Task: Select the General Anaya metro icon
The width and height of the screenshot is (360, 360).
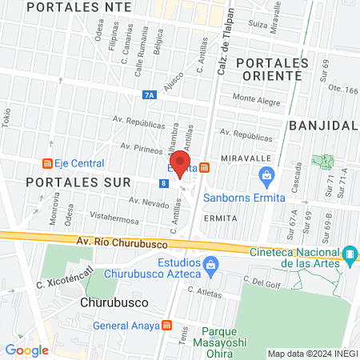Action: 166,325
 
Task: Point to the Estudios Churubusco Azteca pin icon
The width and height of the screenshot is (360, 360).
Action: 210,263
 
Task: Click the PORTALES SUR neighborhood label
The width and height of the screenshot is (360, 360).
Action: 66,182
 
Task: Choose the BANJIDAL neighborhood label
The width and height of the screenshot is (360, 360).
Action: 322,126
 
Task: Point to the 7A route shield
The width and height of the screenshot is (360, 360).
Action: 150,94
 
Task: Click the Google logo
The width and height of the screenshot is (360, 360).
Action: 26,350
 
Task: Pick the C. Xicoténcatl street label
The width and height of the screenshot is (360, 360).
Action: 60,284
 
